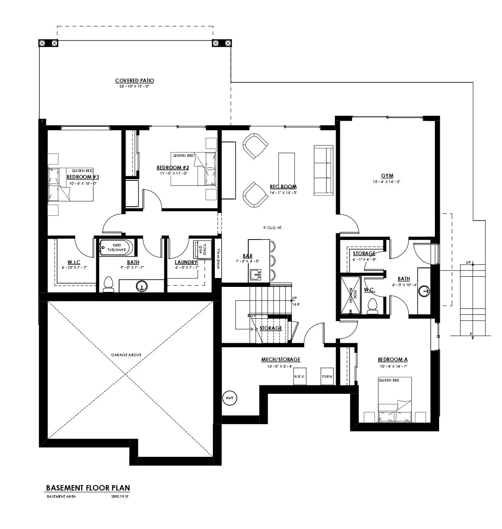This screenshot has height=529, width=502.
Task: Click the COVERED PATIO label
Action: (135, 81)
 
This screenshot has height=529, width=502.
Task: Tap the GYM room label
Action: (387, 176)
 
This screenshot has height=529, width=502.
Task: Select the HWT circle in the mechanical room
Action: (230, 398)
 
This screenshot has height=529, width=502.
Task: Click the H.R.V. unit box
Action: (300, 376)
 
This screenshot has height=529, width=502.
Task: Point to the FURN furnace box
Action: (327, 376)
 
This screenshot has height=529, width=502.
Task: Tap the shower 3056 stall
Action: (350, 295)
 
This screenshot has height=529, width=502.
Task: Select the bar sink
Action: (256, 275)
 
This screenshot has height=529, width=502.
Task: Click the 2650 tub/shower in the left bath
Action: (117, 248)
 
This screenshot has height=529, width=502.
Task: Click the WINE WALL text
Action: (218, 259)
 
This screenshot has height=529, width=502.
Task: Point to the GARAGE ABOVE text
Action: (126, 355)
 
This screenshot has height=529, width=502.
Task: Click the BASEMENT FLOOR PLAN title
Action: (88, 488)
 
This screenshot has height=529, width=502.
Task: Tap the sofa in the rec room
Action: (323, 171)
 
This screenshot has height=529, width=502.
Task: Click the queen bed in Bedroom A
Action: (394, 400)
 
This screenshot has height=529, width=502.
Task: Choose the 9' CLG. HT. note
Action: (273, 228)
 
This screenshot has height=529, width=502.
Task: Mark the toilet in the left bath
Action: (109, 284)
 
